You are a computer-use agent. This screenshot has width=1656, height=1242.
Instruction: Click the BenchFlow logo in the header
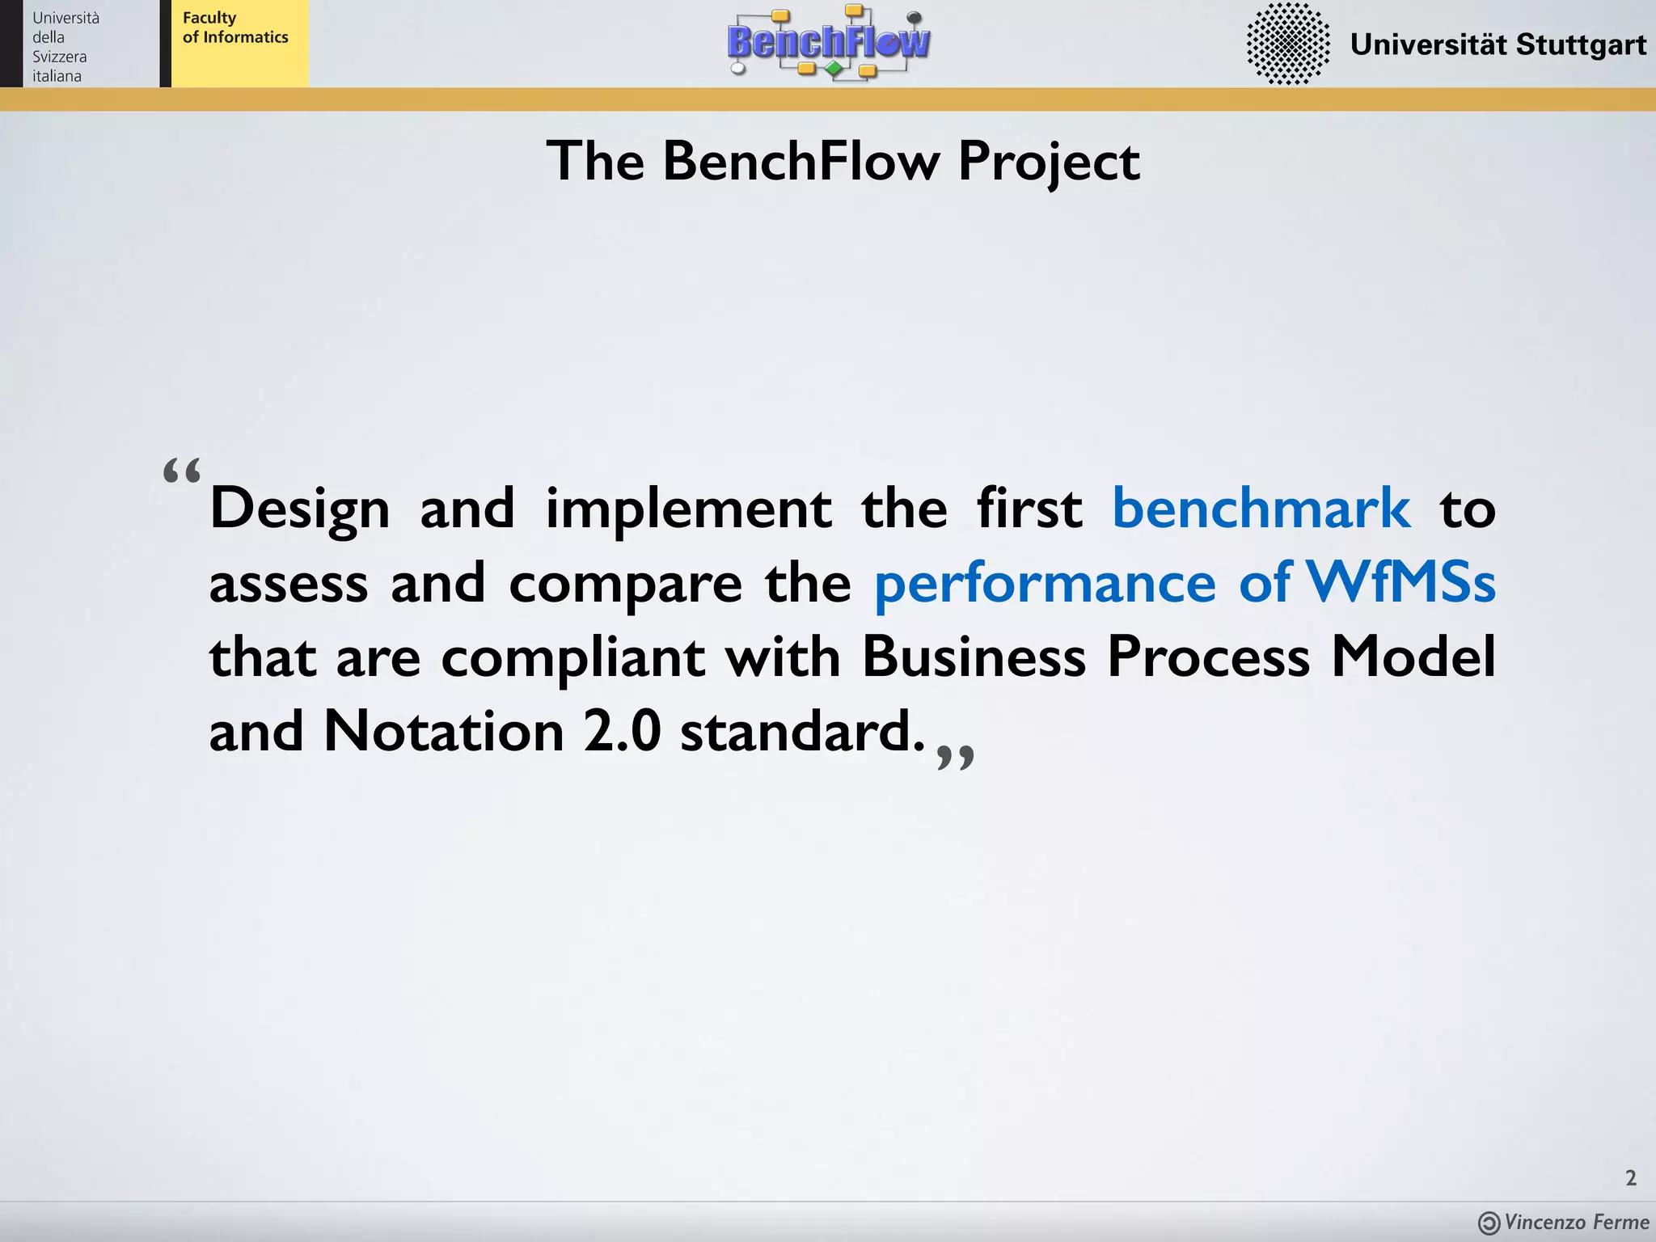coord(829,42)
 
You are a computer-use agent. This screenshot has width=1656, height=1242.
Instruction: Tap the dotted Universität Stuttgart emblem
coord(1287,44)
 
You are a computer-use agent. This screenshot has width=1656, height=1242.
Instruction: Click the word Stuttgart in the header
coord(1580,44)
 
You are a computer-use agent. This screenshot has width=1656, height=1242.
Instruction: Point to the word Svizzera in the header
coord(59,57)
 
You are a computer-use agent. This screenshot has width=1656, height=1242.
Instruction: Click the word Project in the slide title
coord(1049,162)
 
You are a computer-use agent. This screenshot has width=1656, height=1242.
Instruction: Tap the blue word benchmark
coord(1261,509)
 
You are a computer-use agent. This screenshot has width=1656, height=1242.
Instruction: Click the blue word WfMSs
coord(1400,582)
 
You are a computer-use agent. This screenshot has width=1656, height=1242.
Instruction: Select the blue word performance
coord(1044,584)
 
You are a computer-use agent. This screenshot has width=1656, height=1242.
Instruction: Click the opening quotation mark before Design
coord(182,471)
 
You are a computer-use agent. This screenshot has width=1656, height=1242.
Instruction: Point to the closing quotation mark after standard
coord(955,757)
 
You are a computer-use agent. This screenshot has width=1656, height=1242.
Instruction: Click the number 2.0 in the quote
coord(622,732)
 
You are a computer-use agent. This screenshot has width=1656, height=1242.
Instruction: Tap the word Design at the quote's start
coord(300,510)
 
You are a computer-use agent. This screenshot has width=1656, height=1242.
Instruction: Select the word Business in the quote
coord(974,657)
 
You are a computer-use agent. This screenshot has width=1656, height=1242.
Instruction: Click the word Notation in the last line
coord(443,732)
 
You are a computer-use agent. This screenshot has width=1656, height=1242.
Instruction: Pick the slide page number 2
coord(1630,1178)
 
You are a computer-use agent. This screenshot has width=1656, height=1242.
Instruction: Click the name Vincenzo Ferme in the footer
coord(1576,1222)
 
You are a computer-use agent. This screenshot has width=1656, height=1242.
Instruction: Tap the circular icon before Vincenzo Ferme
coord(1489,1223)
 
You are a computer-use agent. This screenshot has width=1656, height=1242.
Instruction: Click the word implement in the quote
coord(688,510)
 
